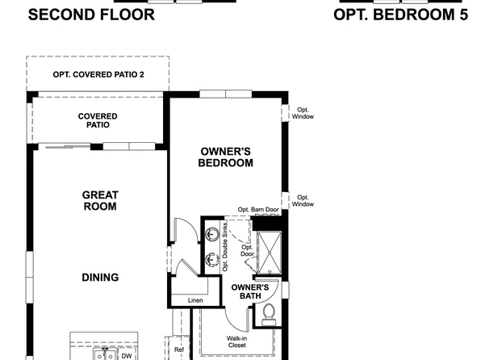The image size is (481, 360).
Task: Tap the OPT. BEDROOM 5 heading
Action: pos(401,14)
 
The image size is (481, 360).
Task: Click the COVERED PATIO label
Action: pos(98,120)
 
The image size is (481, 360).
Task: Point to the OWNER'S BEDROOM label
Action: pos(226,157)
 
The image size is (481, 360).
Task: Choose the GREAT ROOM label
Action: pos(100,200)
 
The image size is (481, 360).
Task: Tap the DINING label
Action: pos(100,278)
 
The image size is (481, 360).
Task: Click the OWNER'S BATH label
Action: pos(249,291)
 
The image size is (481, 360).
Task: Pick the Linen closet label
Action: pos(195,300)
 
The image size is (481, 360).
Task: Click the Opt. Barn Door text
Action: pos(258,210)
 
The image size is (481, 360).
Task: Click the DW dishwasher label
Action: pos(127,355)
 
